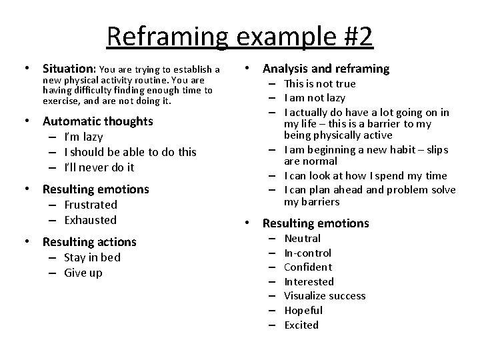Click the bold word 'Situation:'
[x=69, y=69]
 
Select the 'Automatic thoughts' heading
[x=97, y=121]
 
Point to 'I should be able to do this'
[x=130, y=152]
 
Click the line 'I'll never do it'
[x=99, y=167]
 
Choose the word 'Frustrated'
[x=91, y=205]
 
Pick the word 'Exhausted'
[x=91, y=220]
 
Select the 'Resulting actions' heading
[x=89, y=242]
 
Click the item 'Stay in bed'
[x=92, y=257]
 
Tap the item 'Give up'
[x=83, y=273]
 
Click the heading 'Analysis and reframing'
[x=326, y=69]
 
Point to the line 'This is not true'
[x=320, y=83]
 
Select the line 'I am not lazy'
[x=315, y=98]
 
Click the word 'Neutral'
[x=303, y=238]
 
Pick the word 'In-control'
[x=308, y=253]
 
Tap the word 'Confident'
[x=308, y=267]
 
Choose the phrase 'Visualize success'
[x=325, y=296]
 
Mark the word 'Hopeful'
[x=303, y=310]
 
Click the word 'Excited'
[x=301, y=325]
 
